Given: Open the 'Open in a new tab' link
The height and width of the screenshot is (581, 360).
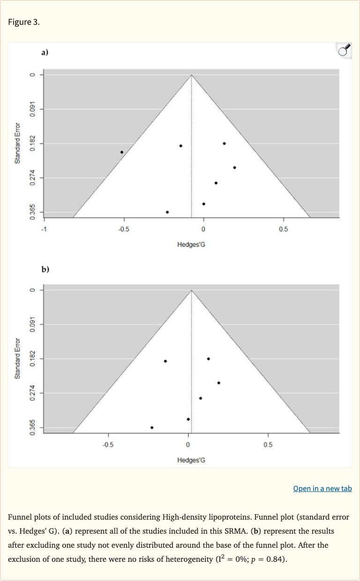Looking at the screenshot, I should tap(322, 488).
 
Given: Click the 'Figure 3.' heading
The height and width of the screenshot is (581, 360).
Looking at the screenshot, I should tap(24, 22).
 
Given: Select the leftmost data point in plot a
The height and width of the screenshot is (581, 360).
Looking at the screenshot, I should tap(122, 152).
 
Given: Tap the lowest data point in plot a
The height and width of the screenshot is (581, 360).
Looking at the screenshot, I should tap(167, 212).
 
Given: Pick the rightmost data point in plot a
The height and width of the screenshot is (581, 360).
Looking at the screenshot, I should tap(234, 167).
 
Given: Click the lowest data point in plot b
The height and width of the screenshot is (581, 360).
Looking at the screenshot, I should tap(152, 427).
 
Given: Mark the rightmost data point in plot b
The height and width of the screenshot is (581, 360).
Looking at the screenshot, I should tap(219, 383).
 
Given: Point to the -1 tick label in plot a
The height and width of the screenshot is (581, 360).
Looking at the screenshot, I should tap(44, 229).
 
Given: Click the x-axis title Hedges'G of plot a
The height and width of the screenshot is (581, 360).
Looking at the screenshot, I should tap(191, 244).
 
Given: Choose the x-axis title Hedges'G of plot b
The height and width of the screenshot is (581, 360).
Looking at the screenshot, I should tap(191, 460).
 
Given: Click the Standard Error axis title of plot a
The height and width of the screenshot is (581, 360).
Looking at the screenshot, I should tap(17, 143).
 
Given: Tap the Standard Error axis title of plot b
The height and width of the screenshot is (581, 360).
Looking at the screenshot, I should tap(17, 358).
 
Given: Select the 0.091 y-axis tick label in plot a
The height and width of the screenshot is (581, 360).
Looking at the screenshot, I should tap(32, 109).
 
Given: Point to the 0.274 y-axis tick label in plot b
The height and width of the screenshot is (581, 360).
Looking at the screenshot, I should tap(32, 393).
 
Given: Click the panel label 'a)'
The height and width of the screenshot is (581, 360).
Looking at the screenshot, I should tap(45, 53).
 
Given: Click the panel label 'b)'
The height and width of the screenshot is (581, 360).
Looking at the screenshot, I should tap(45, 269).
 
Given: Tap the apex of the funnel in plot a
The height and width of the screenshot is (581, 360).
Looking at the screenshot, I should tap(191, 75).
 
